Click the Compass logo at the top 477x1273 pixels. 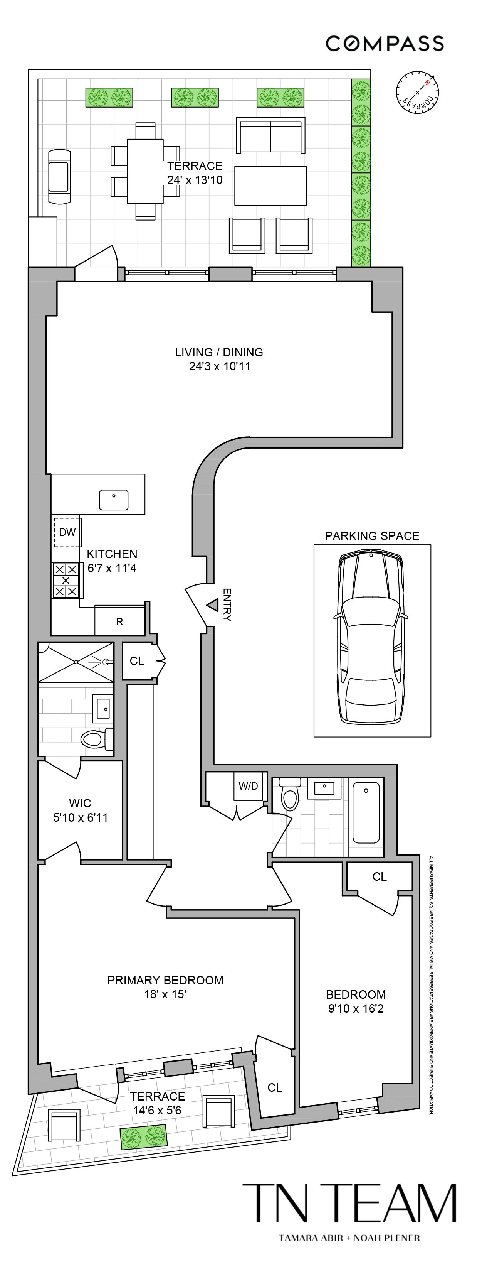tap(384, 44)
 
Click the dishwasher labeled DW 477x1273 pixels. tap(67, 532)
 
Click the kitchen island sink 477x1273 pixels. tap(114, 500)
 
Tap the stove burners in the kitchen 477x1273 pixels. tap(66, 580)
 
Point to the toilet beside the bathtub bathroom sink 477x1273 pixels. tap(289, 794)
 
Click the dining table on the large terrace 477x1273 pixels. tap(145, 171)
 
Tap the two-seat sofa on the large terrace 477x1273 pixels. tap(270, 135)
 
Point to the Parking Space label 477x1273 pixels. tap(372, 536)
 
